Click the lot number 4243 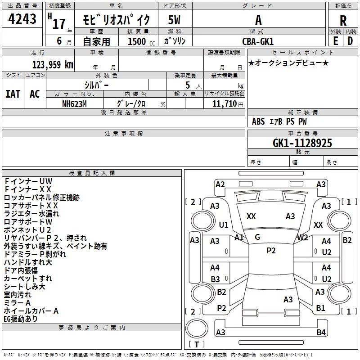click(22, 18)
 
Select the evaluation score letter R click(343, 21)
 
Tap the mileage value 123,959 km click(53, 65)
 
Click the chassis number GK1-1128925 click(302, 143)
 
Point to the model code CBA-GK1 click(258, 41)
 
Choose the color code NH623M click(74, 104)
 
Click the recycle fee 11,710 click(224, 104)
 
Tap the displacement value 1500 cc click(141, 41)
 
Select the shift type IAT click(13, 94)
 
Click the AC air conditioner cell click(35, 94)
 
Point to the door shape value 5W click(174, 20)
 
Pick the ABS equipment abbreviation click(258, 121)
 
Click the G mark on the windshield click(257, 237)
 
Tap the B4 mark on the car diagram click(321, 332)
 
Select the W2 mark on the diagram click(302, 238)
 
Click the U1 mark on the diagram click(224, 225)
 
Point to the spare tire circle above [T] click(197, 328)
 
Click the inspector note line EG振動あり click(21, 319)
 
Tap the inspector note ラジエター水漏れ click(31, 213)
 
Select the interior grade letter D click(350, 41)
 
